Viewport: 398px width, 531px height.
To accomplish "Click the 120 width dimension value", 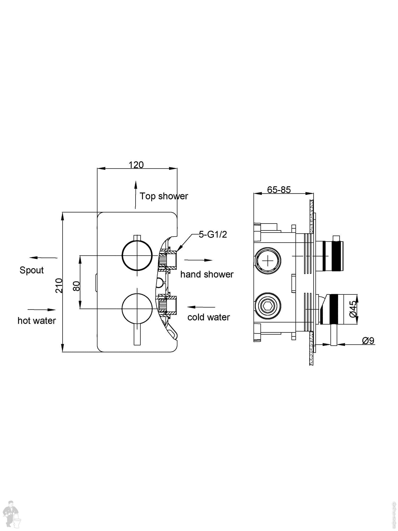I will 136,165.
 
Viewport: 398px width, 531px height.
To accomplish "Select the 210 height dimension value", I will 59,285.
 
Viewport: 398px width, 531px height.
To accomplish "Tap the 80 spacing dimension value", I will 76,286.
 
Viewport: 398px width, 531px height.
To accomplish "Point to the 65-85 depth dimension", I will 279,190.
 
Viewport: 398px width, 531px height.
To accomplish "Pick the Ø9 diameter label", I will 368,341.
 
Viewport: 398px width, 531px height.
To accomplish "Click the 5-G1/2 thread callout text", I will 213,234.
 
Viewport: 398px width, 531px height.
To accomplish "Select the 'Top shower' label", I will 164,196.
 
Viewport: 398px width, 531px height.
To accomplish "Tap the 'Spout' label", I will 32,270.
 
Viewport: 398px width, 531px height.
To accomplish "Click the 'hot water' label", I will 37,321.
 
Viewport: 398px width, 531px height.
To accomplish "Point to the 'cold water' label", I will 209,317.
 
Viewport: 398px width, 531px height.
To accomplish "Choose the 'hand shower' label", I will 207,274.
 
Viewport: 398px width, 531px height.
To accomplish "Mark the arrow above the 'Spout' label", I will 43,258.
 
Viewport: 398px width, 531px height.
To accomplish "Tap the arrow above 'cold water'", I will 201,307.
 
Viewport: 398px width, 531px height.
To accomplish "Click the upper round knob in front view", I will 137,255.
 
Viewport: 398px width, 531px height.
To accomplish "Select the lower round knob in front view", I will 137,309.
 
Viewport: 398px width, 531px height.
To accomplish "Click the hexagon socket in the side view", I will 267,306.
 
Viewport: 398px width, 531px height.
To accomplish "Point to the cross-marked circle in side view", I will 268,261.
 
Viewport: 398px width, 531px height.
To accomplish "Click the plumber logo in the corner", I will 13,514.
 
